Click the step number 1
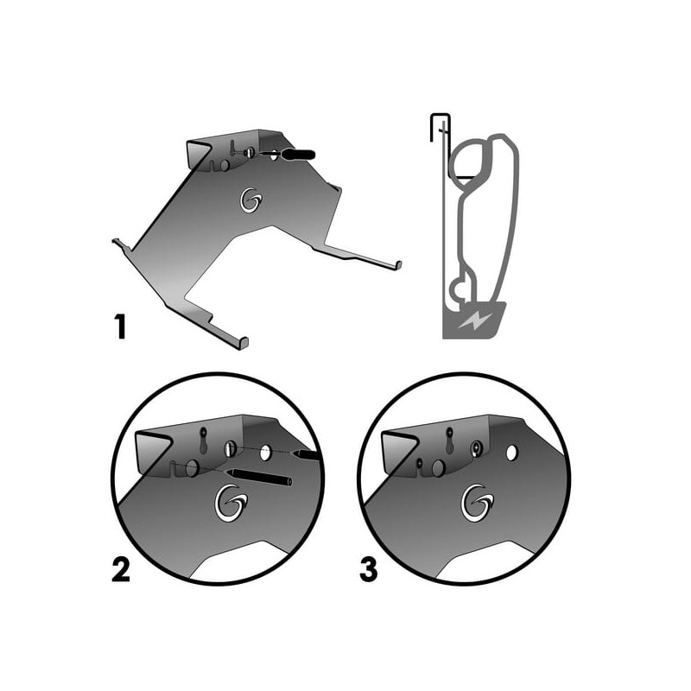click(x=120, y=326)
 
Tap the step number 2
click(x=121, y=569)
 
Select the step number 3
click(x=369, y=569)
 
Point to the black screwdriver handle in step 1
click(x=299, y=155)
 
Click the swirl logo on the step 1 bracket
click(x=251, y=200)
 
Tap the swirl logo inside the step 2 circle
click(x=231, y=503)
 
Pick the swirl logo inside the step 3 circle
click(x=478, y=503)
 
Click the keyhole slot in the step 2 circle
click(x=203, y=440)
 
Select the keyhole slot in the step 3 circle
click(x=449, y=440)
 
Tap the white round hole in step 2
click(x=265, y=453)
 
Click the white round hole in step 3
click(x=511, y=453)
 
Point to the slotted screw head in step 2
click(x=229, y=449)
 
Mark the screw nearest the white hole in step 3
click(x=477, y=448)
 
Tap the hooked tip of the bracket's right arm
click(x=398, y=265)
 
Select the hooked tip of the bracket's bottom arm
click(x=244, y=343)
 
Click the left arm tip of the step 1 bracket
click(x=117, y=242)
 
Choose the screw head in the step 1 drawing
click(x=250, y=153)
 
